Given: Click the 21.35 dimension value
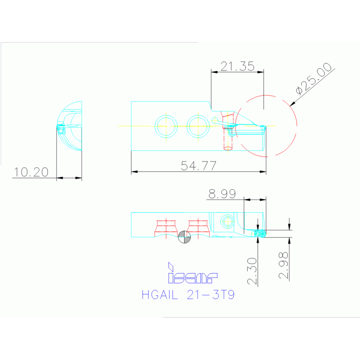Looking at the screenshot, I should [237, 66].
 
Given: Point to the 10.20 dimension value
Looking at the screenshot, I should [31, 172].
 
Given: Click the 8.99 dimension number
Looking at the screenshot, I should [222, 193].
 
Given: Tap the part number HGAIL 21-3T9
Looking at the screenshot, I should [188, 295].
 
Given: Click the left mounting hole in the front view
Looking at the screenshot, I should [166, 126].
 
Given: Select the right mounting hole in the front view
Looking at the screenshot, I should [198, 125].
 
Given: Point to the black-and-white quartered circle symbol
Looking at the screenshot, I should [185, 237].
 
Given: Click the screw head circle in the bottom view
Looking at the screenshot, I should [228, 221].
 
